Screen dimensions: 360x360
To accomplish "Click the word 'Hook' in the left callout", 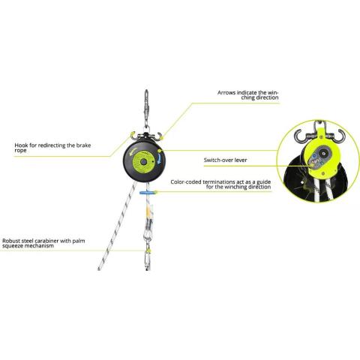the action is click(21, 145).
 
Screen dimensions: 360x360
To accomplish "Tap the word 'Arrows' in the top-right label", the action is click(226, 93).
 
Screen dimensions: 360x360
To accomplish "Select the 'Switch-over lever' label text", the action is click(225, 160).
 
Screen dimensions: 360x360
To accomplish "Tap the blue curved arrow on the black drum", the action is click(159, 159).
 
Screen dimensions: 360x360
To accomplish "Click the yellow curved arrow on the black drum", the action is click(132, 151).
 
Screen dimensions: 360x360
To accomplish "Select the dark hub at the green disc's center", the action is click(143, 162).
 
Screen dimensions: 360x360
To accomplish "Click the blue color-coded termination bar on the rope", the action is click(148, 193).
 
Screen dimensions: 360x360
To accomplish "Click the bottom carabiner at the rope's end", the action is click(148, 260).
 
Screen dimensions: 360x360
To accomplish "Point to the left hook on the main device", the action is click(132, 135).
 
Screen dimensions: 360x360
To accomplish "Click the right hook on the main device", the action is click(158, 136).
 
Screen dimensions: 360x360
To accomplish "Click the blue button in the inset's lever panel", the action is click(314, 156).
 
